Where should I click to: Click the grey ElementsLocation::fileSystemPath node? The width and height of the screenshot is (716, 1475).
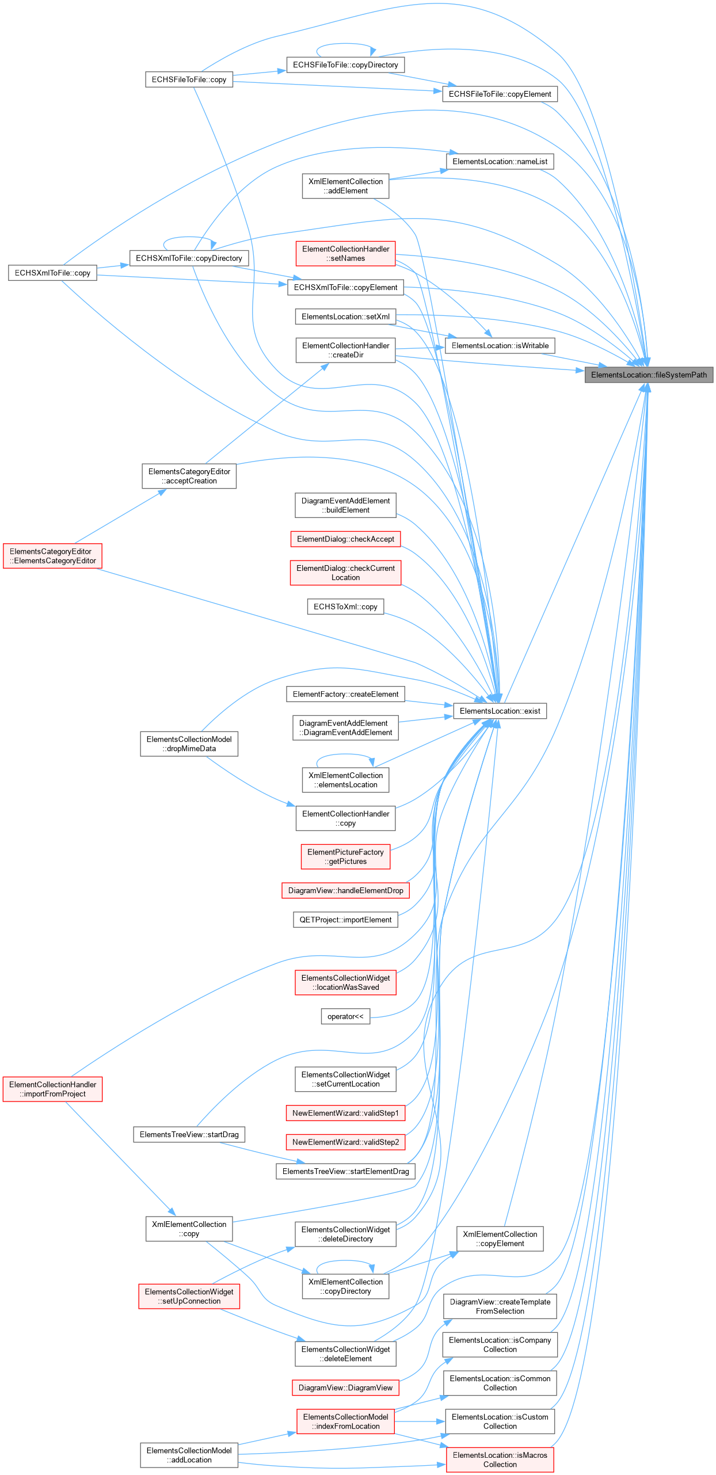pyautogui.click(x=649, y=375)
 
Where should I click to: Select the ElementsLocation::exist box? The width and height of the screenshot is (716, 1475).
pyautogui.click(x=500, y=711)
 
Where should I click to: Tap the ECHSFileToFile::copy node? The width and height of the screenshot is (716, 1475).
pyautogui.click(x=189, y=79)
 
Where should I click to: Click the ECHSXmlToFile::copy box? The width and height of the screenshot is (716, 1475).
pyautogui.click(x=52, y=273)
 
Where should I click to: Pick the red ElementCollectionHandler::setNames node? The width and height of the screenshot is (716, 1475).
pyautogui.click(x=345, y=253)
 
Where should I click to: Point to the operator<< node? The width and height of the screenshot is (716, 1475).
pyautogui.click(x=345, y=1016)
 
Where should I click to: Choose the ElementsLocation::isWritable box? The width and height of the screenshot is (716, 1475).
pyautogui.click(x=500, y=345)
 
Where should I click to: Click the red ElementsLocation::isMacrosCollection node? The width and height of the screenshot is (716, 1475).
pyautogui.click(x=500, y=1459)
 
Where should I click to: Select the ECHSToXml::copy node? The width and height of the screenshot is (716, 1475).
pyautogui.click(x=345, y=607)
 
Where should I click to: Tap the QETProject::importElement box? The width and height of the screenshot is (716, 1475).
pyautogui.click(x=345, y=920)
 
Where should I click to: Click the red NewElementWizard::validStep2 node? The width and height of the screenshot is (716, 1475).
pyautogui.click(x=345, y=1142)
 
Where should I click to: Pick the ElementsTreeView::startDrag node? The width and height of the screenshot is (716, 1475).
pyautogui.click(x=189, y=1134)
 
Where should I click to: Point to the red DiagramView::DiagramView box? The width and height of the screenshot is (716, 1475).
pyautogui.click(x=345, y=1388)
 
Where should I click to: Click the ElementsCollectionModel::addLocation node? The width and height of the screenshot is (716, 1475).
pyautogui.click(x=189, y=1455)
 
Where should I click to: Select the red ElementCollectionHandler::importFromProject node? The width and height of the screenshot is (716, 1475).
pyautogui.click(x=52, y=1089)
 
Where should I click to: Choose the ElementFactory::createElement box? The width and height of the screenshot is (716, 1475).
pyautogui.click(x=345, y=694)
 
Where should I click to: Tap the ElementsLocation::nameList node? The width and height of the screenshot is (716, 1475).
pyautogui.click(x=500, y=162)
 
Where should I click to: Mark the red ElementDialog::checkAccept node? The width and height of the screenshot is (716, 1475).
pyautogui.click(x=345, y=539)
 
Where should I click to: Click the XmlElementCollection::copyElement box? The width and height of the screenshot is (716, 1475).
pyautogui.click(x=500, y=1238)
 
